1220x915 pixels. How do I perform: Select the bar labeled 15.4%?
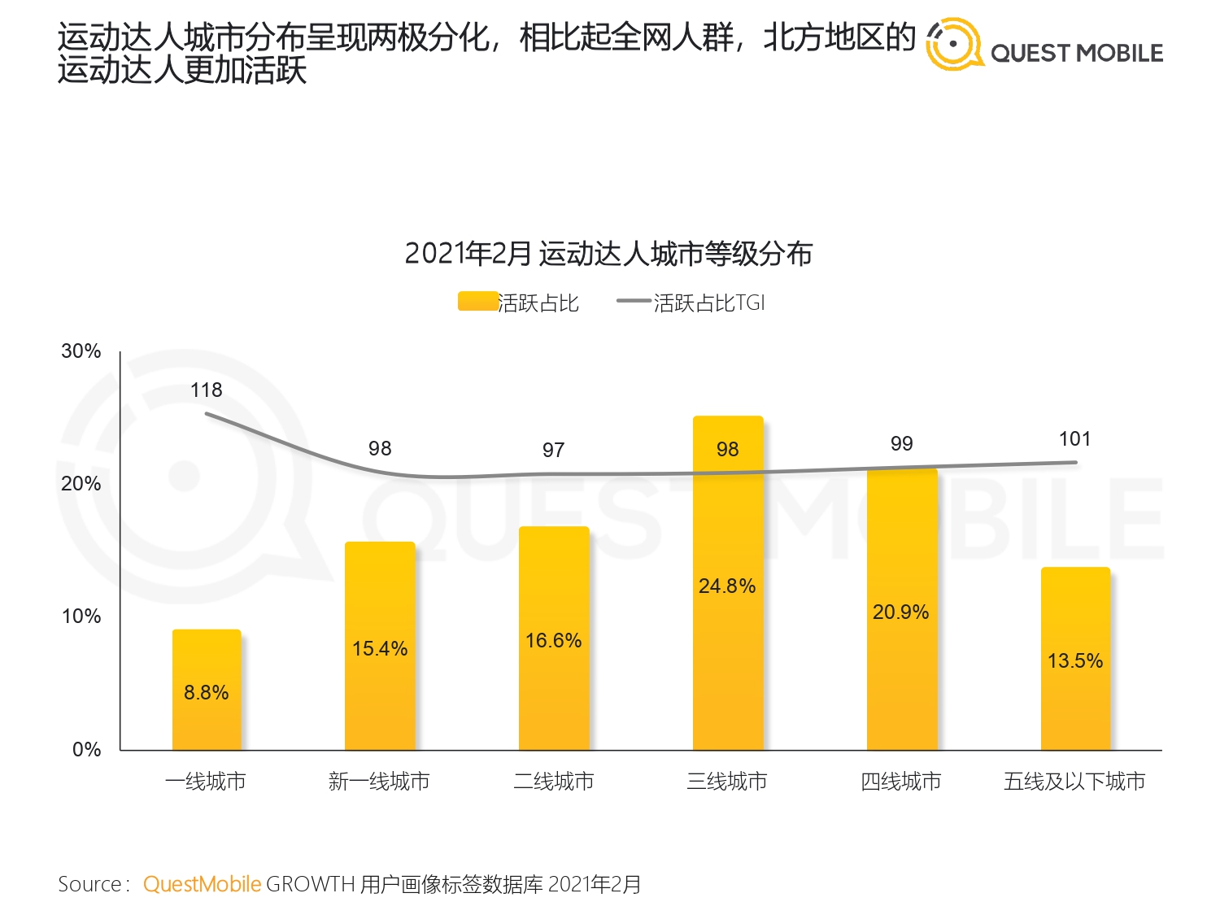coord(380,646)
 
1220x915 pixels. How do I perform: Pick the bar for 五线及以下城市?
coord(1075,658)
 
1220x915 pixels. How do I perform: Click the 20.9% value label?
coord(900,612)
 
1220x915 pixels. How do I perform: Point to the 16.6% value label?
coord(553,641)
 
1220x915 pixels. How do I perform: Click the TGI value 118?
coord(206,390)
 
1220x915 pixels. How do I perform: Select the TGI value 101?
coord(1074,439)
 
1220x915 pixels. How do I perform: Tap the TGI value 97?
coord(553,451)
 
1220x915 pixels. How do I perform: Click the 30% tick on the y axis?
coord(81,351)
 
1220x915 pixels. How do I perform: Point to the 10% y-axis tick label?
coord(81,617)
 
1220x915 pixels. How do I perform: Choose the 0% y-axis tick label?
coord(86,749)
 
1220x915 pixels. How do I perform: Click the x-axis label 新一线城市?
coord(379,782)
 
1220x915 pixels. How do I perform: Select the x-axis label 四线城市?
coord(901,782)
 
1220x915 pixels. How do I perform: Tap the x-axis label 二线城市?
coord(553,782)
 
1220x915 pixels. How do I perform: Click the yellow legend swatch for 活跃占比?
coord(477,302)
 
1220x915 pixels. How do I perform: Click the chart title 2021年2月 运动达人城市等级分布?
coord(608,254)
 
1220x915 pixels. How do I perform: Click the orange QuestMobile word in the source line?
coord(202,884)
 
